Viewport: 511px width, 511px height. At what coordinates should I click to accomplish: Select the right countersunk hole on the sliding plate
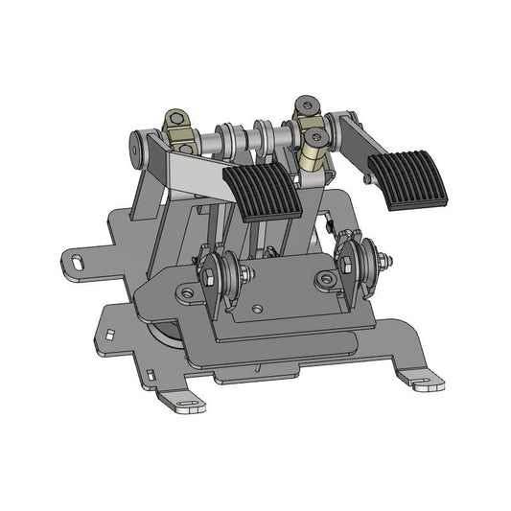[x=329, y=281]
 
